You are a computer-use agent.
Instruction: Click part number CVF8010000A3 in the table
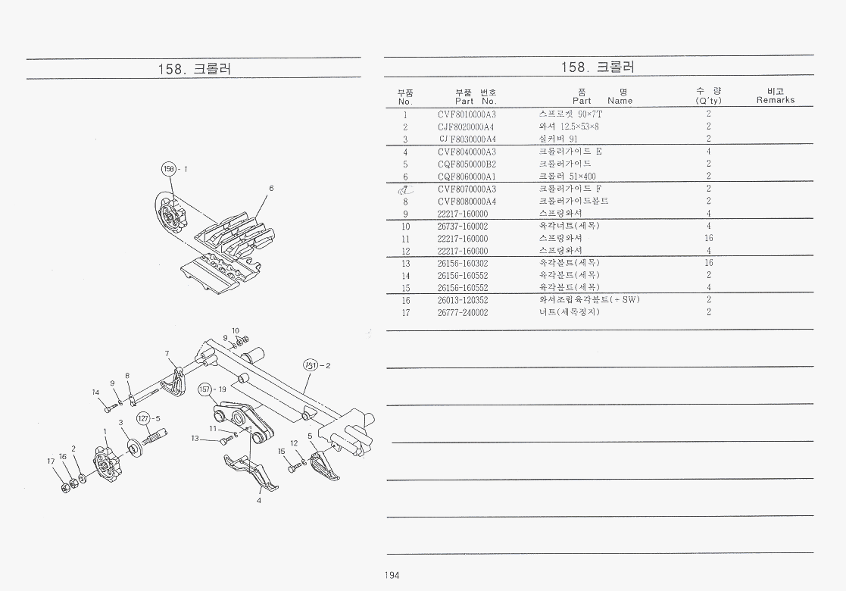[x=467, y=114]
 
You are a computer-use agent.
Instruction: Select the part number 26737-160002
[x=463, y=226]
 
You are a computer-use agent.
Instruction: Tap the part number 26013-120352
[x=463, y=299]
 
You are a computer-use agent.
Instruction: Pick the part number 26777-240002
[x=463, y=312]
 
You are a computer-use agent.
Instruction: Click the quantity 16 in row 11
[x=708, y=238]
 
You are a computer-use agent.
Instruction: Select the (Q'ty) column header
[x=708, y=100]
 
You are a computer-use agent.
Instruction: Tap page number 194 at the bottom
[x=392, y=575]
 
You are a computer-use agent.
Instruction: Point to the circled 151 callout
[x=311, y=365]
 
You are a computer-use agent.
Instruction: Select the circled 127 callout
[x=143, y=418]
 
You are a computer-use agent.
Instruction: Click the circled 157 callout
[x=204, y=389]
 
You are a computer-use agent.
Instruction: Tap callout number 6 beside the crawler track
[x=270, y=188]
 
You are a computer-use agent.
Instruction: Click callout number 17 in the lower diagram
[x=51, y=461]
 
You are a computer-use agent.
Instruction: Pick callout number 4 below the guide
[x=259, y=500]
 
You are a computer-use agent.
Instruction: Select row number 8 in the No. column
[x=406, y=202]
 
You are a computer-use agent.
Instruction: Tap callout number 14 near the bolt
[x=96, y=392]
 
